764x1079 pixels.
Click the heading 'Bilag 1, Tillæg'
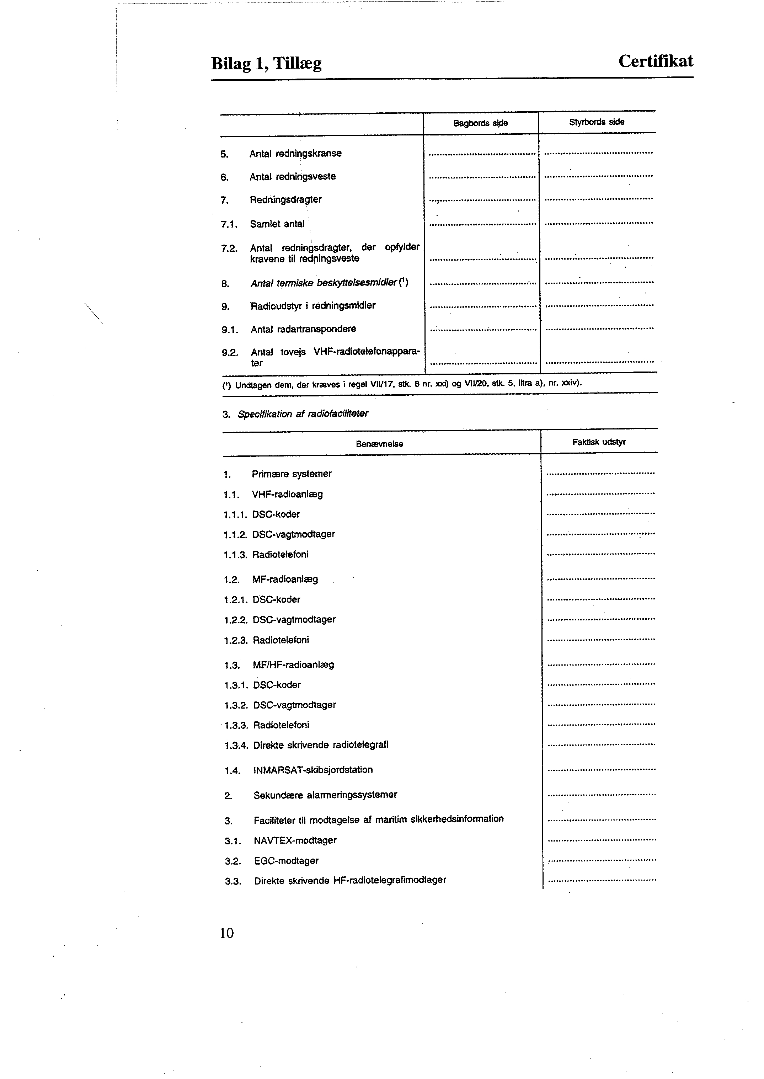(266, 63)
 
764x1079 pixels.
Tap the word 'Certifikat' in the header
(655, 61)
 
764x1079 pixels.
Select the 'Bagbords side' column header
(480, 123)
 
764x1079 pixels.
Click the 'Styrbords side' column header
(597, 122)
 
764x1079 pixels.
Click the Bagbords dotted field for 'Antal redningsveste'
(482, 177)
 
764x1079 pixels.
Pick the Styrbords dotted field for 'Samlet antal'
(598, 223)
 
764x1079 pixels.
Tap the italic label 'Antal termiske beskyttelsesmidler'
(325, 283)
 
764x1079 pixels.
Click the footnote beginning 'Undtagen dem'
(402, 384)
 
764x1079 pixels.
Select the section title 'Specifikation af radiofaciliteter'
(303, 414)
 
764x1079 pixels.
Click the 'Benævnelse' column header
(379, 444)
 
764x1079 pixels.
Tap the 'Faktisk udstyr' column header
(599, 442)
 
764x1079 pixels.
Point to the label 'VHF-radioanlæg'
(288, 494)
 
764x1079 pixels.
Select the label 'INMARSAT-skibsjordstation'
(313, 770)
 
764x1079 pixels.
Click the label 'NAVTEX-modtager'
(295, 840)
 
